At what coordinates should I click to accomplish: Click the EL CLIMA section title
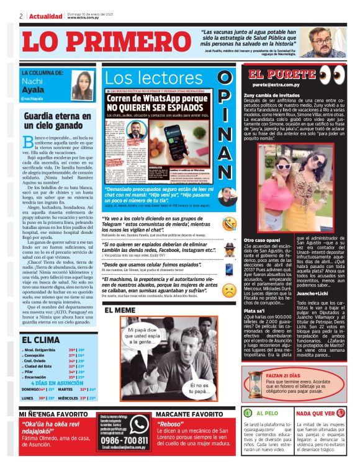tap(40, 340)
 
